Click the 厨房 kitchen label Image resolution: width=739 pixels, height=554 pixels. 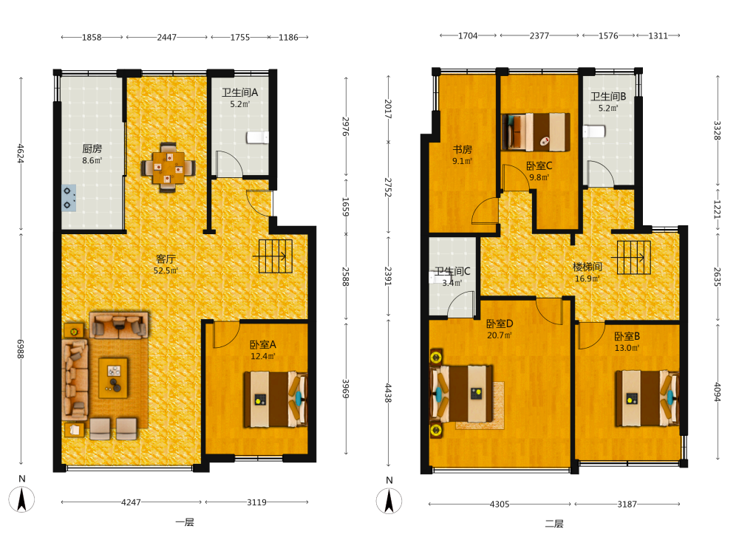tap(92, 149)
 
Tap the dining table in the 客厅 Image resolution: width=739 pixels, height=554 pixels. tap(168, 167)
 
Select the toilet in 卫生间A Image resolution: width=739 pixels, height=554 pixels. tap(257, 137)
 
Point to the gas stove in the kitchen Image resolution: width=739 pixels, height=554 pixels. tap(69, 198)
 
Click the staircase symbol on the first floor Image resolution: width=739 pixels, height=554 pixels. tap(275, 256)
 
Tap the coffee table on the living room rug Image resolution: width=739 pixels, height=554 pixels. tap(113, 377)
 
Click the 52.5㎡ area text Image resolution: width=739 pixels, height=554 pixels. tap(166, 271)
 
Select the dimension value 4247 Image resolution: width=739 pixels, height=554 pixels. tap(131, 502)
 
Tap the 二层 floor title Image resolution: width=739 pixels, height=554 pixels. tap(554, 524)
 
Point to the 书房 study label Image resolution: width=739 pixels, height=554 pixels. tap(463, 149)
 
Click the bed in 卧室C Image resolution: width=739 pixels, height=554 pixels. tap(536, 132)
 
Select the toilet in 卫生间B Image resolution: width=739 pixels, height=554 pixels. tap(594, 131)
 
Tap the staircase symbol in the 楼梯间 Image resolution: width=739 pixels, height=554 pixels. tap(633, 258)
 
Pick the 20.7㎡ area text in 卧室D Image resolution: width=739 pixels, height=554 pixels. tap(500, 335)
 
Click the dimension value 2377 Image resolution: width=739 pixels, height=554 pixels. tap(539, 35)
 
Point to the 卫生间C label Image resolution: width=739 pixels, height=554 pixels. tap(452, 271)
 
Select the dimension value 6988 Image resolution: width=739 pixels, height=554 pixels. tap(21, 349)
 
